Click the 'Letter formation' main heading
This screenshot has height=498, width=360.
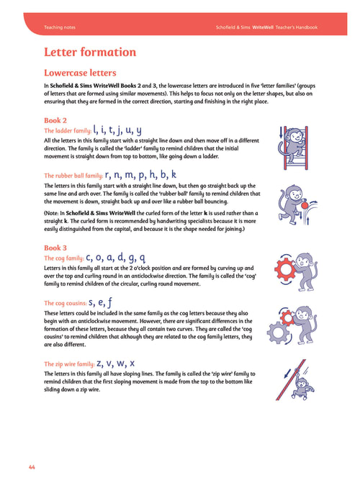click(x=90, y=52)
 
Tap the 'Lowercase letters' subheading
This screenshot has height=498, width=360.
click(x=80, y=73)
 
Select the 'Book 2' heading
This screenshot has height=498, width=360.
click(x=55, y=120)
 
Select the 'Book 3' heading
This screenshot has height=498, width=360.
click(x=55, y=248)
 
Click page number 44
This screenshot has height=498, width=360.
click(x=32, y=467)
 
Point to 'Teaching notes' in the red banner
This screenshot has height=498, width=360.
click(x=60, y=27)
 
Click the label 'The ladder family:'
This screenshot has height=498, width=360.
click(x=68, y=131)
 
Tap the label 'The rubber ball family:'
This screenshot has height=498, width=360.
click(x=73, y=176)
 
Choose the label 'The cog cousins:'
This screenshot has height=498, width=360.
click(x=65, y=303)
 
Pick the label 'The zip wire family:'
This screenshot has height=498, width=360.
click(x=69, y=364)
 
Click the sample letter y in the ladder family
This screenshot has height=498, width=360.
click(x=138, y=131)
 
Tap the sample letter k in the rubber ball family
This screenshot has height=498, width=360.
click(x=174, y=174)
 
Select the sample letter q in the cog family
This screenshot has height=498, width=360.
click(x=143, y=258)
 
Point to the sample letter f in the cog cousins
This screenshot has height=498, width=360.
click(x=109, y=302)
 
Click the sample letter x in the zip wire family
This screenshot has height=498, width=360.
click(x=132, y=363)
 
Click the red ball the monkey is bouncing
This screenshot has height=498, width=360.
click(x=305, y=206)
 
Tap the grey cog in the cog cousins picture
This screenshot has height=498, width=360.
click(x=278, y=332)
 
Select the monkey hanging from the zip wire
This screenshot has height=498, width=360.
click(x=303, y=387)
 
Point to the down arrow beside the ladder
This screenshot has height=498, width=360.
click(x=281, y=132)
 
